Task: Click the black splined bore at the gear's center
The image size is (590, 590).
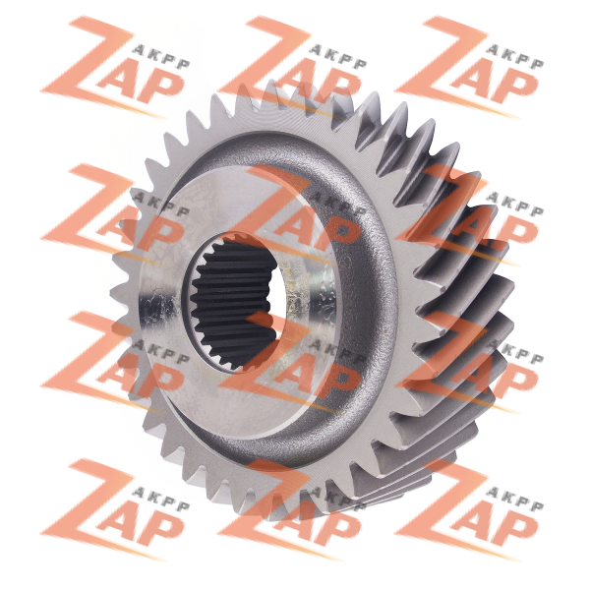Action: point(234,302)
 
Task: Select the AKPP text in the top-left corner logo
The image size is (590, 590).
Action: point(161,58)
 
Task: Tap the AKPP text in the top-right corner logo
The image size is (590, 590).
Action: point(514,58)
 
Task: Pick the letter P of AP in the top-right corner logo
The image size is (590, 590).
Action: point(518,88)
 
